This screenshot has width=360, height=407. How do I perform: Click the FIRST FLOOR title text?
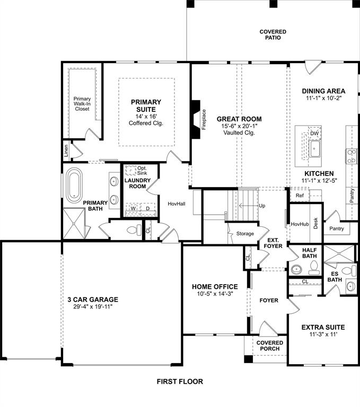coord(179,382)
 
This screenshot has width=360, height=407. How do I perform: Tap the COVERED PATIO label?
coord(273,35)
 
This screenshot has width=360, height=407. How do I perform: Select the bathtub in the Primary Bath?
coord(73,183)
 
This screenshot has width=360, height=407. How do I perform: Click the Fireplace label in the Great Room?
coord(204,119)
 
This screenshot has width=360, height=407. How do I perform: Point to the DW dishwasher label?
coord(314,134)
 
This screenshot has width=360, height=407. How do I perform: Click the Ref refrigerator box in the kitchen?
coord(299,196)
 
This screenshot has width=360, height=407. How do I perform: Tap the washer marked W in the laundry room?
coord(134,209)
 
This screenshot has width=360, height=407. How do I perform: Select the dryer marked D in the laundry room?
coord(148,209)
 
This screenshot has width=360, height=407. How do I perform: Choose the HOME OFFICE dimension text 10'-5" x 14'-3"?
coord(215,294)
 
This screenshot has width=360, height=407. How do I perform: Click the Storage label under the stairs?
coord(245,233)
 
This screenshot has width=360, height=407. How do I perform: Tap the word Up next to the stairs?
coord(262,206)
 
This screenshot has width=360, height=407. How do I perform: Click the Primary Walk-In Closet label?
coord(82,103)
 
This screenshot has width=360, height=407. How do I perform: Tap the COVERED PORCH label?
coord(270,346)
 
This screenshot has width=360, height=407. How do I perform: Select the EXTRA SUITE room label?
coord(323,327)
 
